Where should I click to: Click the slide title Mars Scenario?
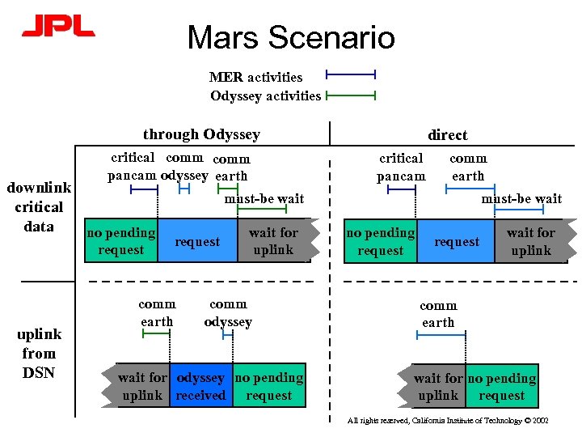click(291, 37)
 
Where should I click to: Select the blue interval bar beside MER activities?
click(350, 75)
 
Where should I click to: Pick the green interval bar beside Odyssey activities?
click(350, 95)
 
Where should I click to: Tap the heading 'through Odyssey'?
click(201, 134)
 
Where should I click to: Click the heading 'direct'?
click(448, 134)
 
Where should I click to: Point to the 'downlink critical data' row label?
click(39, 207)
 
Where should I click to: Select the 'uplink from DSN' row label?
click(39, 353)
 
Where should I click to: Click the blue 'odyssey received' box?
click(200, 387)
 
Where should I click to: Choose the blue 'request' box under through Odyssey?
click(197, 241)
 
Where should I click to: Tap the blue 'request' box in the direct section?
click(456, 241)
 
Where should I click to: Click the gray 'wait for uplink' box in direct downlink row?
click(531, 241)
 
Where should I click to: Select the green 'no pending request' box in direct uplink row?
click(501, 387)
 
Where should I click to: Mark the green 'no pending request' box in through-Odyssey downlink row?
click(121, 241)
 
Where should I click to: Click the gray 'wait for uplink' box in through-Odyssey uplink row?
click(142, 386)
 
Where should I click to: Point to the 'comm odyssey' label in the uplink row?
click(228, 312)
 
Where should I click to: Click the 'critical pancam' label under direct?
click(401, 168)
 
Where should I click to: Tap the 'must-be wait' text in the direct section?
click(521, 198)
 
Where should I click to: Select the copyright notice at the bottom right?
click(448, 420)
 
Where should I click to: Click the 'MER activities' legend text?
click(255, 77)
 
